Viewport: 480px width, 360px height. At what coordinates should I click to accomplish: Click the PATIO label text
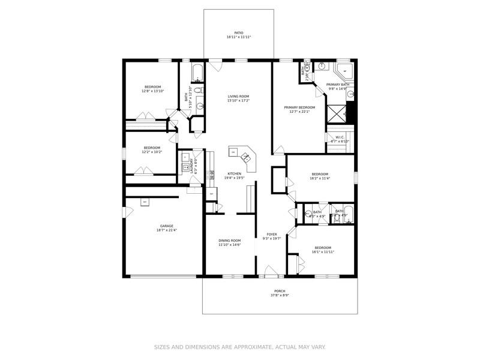pos(239,32)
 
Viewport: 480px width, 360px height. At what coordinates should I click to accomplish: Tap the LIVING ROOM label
pos(238,96)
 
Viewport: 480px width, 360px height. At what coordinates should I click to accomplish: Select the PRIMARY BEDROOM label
pos(299,107)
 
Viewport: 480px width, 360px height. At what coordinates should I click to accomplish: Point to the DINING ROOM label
pos(229,241)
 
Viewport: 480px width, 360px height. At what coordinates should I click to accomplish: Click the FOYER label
pos(272,234)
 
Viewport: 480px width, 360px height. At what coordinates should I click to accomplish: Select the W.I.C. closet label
pos(340,137)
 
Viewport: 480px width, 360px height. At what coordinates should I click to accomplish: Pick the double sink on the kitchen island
pos(247,158)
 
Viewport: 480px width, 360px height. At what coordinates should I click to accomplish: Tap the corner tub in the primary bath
pos(344,70)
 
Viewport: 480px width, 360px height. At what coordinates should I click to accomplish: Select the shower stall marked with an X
pos(337,112)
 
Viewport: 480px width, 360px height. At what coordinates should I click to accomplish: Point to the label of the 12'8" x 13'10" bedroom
pos(152,87)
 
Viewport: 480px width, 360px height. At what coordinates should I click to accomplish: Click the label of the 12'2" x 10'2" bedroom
pos(152,148)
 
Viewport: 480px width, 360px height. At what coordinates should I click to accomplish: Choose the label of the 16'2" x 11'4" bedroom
pos(319,174)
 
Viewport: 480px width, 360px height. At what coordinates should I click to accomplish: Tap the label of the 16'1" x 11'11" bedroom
pos(323,247)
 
